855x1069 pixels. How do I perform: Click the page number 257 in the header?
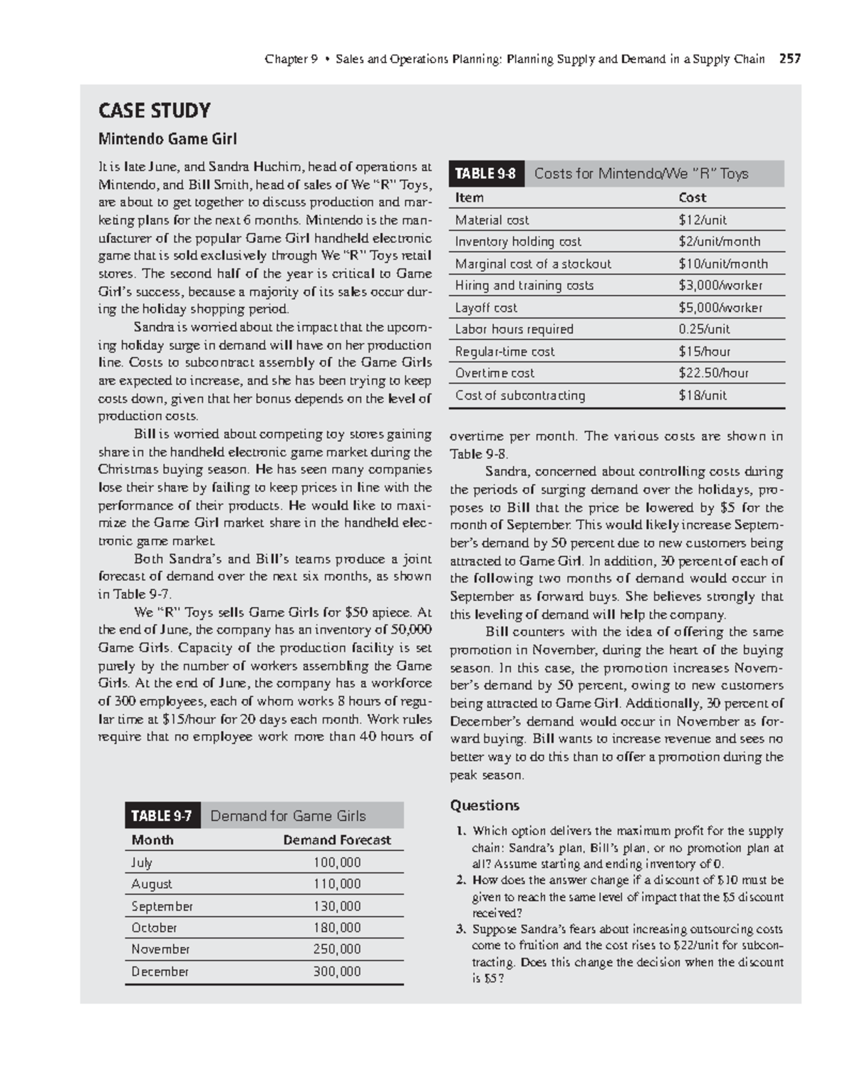[x=789, y=59]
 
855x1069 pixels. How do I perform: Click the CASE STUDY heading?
[x=154, y=110]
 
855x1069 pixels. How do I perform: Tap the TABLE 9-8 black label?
[x=485, y=174]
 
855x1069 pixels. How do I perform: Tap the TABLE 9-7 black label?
[x=162, y=816]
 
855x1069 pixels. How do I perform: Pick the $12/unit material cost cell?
[x=703, y=220]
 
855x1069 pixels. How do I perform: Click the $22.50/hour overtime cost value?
[x=713, y=373]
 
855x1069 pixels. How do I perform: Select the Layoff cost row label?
[x=486, y=308]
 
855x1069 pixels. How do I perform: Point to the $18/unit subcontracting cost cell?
[x=703, y=396]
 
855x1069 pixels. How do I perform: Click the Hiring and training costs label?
[x=524, y=286]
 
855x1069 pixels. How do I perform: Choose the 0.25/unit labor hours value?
[x=704, y=329]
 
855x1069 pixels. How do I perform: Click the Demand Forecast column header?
[x=336, y=840]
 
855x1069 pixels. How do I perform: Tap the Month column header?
[x=152, y=840]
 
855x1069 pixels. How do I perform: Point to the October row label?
[x=154, y=928]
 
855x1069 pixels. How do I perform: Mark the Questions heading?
[x=484, y=806]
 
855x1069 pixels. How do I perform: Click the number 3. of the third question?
[x=461, y=929]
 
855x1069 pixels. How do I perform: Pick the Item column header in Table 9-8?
[x=469, y=198]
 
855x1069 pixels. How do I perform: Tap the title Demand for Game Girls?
[x=288, y=816]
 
